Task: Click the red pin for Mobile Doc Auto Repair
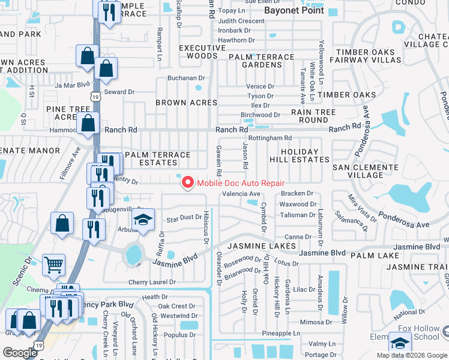187,182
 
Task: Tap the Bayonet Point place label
294,10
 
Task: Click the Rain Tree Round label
310,116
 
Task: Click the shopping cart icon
54,264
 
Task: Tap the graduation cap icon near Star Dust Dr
143,220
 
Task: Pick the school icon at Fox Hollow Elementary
400,343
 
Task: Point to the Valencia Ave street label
241,194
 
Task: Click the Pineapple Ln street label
281,333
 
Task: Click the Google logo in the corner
20,352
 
